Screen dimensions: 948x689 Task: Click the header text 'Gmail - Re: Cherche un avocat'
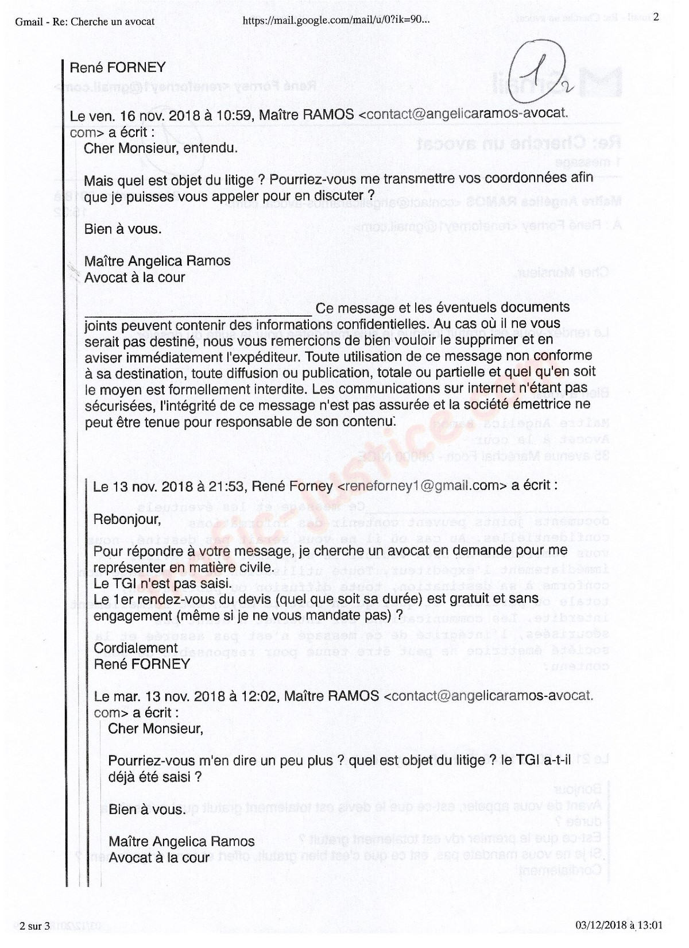86,22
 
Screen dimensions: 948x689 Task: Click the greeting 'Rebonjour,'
127,519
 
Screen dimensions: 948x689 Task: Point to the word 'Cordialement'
136,648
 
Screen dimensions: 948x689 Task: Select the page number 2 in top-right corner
656,17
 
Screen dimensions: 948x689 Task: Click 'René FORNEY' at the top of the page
117,68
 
